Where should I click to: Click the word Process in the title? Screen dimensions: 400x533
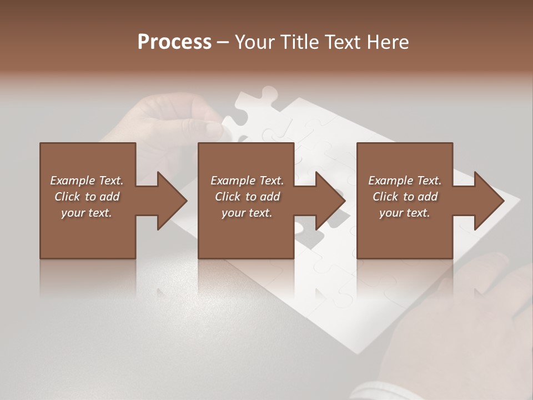tap(174, 42)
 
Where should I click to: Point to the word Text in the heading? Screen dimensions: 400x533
tap(340, 42)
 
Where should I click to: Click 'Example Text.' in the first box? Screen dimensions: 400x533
tap(87, 181)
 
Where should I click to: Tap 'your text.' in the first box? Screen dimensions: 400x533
tap(87, 213)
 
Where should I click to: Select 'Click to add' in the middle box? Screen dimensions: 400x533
tap(247, 197)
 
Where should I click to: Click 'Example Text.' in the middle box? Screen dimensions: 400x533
tap(247, 181)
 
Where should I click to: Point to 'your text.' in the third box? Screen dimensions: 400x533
tap(405, 213)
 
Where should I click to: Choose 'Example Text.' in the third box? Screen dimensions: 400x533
tap(405, 181)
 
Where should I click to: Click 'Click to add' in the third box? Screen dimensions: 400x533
tap(405, 197)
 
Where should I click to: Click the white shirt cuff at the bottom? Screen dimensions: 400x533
tap(378, 392)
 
